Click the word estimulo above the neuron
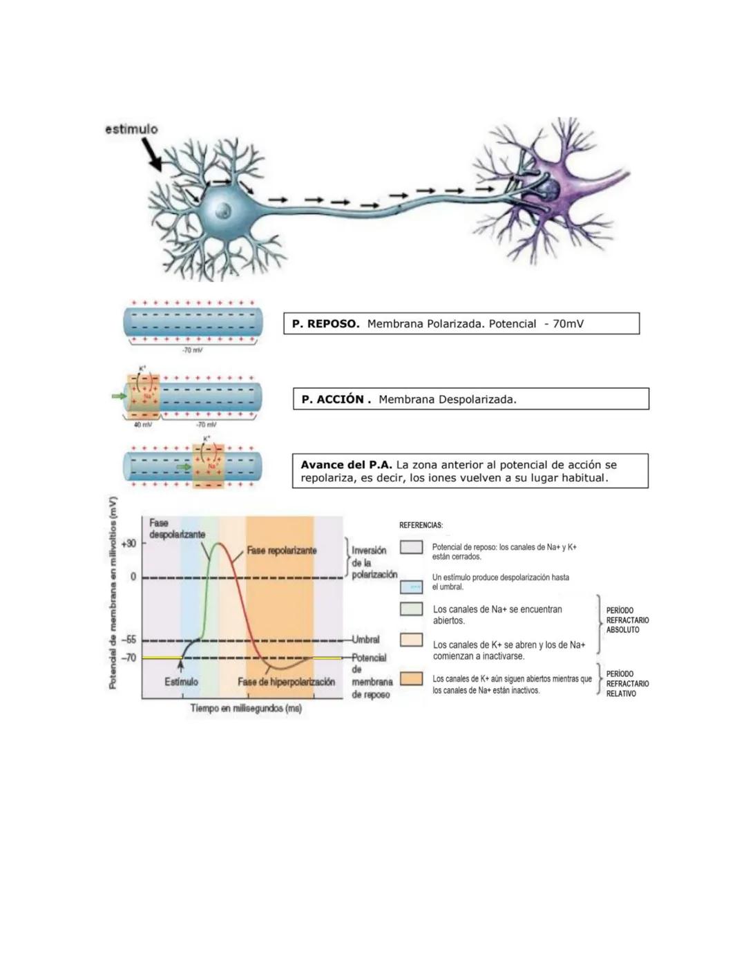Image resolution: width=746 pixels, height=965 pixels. (x=131, y=129)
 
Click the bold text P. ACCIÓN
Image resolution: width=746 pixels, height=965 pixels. (x=336, y=399)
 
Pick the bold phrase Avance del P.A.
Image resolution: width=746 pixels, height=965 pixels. (x=346, y=465)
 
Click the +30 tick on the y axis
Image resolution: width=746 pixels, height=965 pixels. (x=129, y=544)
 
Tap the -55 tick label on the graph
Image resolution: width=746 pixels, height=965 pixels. (x=129, y=640)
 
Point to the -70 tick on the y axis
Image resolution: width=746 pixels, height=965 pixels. (x=129, y=658)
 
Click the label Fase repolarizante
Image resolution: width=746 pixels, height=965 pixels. (x=282, y=551)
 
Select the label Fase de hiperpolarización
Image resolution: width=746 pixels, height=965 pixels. (x=286, y=682)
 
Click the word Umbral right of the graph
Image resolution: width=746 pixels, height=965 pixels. (x=365, y=640)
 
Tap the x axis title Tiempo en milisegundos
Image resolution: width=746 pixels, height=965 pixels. (x=246, y=709)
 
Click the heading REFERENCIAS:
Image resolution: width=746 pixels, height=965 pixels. (x=421, y=526)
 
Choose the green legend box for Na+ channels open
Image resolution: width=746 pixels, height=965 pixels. (x=411, y=609)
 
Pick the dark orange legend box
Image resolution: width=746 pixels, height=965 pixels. (x=411, y=679)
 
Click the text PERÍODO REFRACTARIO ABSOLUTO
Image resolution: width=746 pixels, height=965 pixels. (x=627, y=620)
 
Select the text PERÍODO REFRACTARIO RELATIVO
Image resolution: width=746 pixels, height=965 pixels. (x=627, y=684)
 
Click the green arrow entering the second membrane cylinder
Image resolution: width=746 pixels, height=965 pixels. (x=119, y=396)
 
